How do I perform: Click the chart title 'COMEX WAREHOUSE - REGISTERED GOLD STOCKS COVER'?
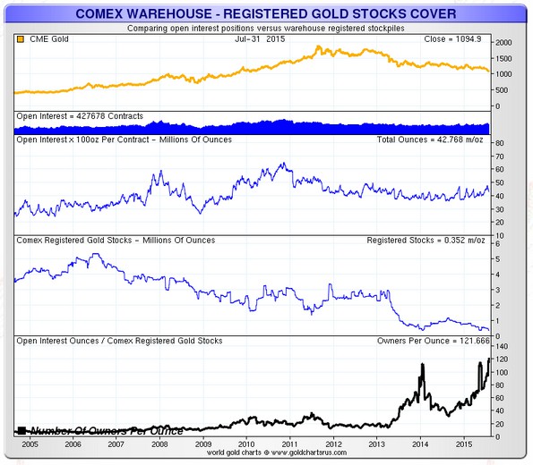coord(266,13)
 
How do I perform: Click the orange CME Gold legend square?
coord(21,39)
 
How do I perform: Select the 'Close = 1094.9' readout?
coord(452,39)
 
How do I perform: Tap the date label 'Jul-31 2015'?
coord(260,39)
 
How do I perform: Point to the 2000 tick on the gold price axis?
coord(503,43)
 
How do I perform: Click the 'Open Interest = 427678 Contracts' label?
coord(80,116)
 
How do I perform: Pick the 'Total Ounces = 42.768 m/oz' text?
coord(430,139)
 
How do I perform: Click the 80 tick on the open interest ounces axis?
coord(499,143)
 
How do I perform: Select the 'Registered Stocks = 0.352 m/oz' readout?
coord(426,241)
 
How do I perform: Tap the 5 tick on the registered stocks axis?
coord(498,259)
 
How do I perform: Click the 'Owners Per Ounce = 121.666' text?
coord(434,341)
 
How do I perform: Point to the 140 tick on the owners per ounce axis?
coord(502,347)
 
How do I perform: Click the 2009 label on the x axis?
coord(203,444)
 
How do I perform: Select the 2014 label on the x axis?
coord(420,444)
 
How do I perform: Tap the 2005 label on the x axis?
coord(30,444)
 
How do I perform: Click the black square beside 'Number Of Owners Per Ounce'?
coord(21,431)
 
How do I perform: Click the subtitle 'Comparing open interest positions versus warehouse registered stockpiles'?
coord(266,29)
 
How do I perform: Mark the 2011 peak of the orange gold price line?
coord(318,46)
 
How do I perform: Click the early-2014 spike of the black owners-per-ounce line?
coord(423,364)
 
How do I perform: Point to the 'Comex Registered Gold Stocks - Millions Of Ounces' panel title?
coord(116,241)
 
